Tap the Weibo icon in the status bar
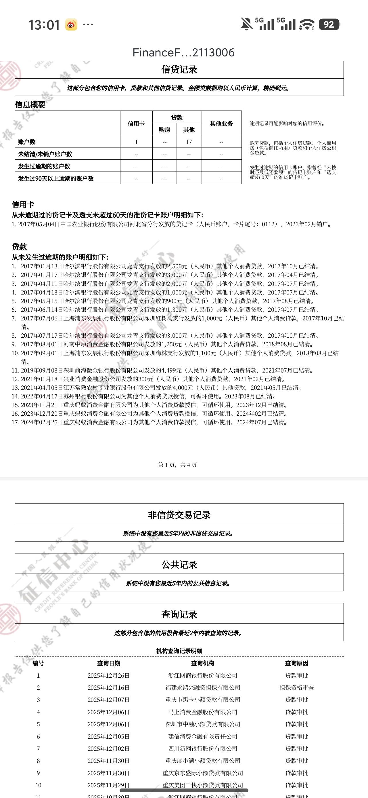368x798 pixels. point(71,25)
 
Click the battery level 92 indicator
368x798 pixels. point(329,24)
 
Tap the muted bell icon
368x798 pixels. point(247,24)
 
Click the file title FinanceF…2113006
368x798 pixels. point(183,53)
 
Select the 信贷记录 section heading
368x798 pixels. point(179,69)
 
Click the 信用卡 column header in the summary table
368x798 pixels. point(136,124)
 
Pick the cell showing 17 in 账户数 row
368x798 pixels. point(189,142)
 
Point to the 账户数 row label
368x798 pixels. point(27,142)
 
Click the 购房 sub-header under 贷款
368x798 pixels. point(164,130)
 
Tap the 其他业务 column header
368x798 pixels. point(221,124)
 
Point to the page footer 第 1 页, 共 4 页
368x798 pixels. point(177,465)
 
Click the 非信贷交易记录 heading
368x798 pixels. point(179,515)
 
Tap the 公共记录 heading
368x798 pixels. point(179,565)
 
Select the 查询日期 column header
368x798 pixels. point(109,663)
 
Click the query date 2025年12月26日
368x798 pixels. point(109,676)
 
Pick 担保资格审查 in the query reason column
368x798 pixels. point(296,688)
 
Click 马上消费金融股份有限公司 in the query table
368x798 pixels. point(203,712)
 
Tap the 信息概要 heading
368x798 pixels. point(30,105)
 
